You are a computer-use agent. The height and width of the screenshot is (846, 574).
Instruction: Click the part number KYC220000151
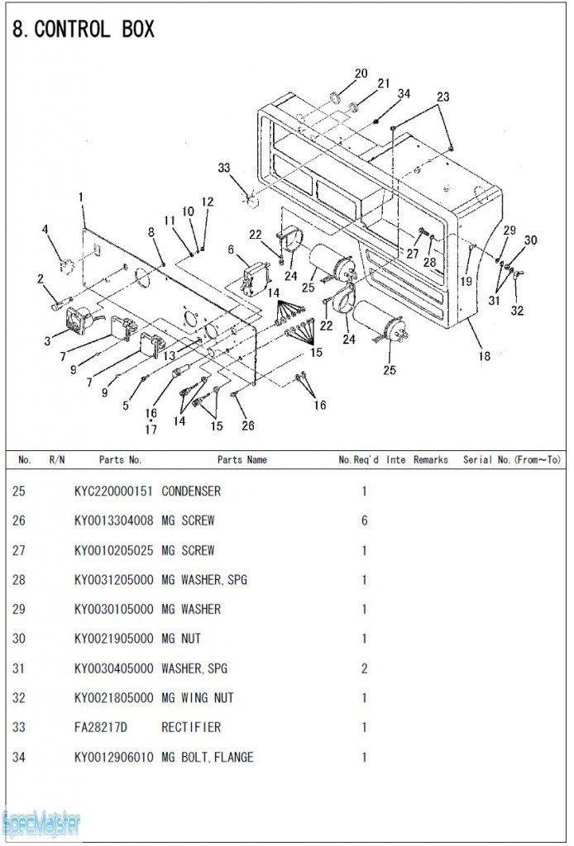point(113,492)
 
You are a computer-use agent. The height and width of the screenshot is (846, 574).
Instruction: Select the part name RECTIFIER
point(191,728)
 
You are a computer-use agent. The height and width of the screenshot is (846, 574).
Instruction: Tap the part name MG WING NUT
point(198,698)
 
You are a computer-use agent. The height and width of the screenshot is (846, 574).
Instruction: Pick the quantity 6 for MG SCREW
point(364,521)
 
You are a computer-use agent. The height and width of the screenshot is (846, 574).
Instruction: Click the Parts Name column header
point(242,460)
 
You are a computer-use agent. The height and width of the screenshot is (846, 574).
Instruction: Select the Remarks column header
point(431,460)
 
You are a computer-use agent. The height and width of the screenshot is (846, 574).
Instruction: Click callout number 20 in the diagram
point(361,74)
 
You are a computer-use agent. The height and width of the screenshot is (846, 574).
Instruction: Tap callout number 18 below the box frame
point(484,356)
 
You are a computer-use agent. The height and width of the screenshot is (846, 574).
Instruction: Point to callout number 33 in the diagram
point(224,168)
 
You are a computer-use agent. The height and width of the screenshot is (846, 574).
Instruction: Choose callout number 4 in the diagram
point(45,229)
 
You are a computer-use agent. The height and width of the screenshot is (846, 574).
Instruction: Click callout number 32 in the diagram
point(517,311)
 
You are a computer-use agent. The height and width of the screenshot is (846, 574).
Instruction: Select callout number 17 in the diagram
point(151,430)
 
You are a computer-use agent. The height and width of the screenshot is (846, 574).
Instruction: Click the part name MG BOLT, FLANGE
point(208,758)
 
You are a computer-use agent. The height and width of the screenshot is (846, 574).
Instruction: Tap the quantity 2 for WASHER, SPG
point(364,668)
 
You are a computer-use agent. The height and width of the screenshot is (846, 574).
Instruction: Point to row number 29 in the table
point(18,610)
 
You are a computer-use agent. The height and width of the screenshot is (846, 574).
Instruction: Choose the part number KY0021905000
point(113,639)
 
